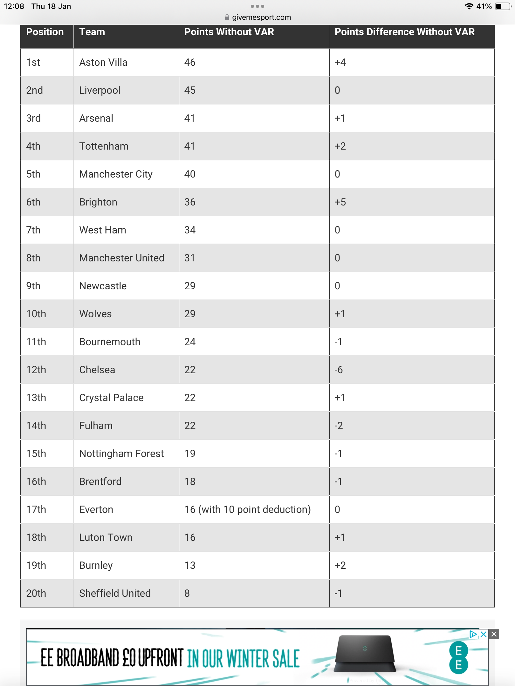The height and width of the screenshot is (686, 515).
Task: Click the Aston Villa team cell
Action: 103,62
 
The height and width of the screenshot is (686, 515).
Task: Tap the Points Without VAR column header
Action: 229,32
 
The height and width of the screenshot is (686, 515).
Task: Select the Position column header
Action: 45,32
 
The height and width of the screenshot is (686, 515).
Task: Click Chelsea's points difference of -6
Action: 339,370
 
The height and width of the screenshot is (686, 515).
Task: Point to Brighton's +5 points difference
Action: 340,202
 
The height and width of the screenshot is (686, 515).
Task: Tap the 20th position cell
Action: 36,593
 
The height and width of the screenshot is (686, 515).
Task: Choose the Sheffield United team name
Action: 115,593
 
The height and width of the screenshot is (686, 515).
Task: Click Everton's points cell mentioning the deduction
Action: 247,509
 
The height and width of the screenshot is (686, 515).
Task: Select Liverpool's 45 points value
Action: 190,90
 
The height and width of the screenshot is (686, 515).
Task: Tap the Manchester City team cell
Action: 116,174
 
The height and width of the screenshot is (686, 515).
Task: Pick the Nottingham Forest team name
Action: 121,454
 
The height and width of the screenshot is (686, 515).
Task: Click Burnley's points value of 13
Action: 190,565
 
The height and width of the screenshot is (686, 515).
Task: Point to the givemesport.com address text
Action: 261,17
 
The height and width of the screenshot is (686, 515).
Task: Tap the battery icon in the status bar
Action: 503,6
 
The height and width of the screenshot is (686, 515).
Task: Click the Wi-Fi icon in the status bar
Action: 469,6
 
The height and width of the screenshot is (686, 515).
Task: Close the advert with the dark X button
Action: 494,634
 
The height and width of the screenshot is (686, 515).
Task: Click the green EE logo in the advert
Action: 458,657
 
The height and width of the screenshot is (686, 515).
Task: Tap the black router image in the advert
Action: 365,653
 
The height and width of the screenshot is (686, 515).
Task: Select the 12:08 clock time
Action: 14,6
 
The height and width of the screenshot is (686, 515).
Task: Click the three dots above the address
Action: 257,6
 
